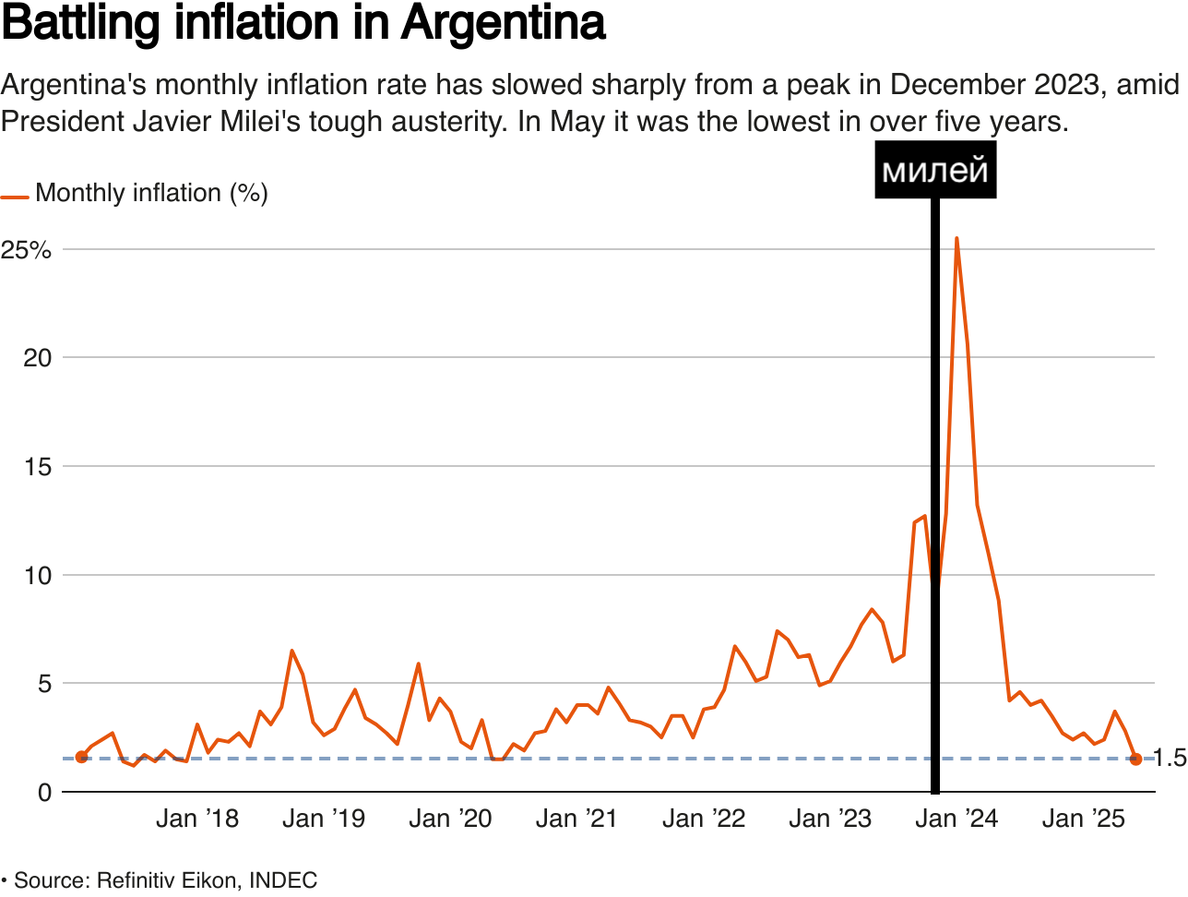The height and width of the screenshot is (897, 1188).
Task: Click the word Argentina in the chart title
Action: (503, 24)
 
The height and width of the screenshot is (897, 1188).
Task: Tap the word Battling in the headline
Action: (82, 24)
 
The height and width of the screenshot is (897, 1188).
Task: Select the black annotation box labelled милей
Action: (935, 170)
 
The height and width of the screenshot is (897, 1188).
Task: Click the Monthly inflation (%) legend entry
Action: (151, 193)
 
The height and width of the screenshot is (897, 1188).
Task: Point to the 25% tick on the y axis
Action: (26, 250)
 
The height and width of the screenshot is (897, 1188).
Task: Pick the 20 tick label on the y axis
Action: (37, 358)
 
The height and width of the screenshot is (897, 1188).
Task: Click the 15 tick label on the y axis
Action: (37, 467)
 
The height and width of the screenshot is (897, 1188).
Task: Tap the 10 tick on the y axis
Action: (37, 576)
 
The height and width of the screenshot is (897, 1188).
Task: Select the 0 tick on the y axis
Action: (44, 793)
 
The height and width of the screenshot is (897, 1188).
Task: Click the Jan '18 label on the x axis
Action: (197, 819)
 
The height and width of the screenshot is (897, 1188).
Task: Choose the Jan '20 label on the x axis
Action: (450, 819)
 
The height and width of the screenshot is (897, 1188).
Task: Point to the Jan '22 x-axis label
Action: (704, 819)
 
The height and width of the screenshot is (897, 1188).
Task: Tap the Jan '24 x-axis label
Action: (956, 819)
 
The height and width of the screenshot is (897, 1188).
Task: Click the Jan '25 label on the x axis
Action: (1084, 819)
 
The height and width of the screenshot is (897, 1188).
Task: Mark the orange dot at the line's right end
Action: (1135, 759)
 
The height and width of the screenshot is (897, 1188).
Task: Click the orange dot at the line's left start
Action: (81, 757)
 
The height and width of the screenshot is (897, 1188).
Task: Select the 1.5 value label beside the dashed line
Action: (1170, 759)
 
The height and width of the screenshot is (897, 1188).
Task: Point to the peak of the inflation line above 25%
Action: (956, 238)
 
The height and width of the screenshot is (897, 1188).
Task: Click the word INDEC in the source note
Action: (283, 880)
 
